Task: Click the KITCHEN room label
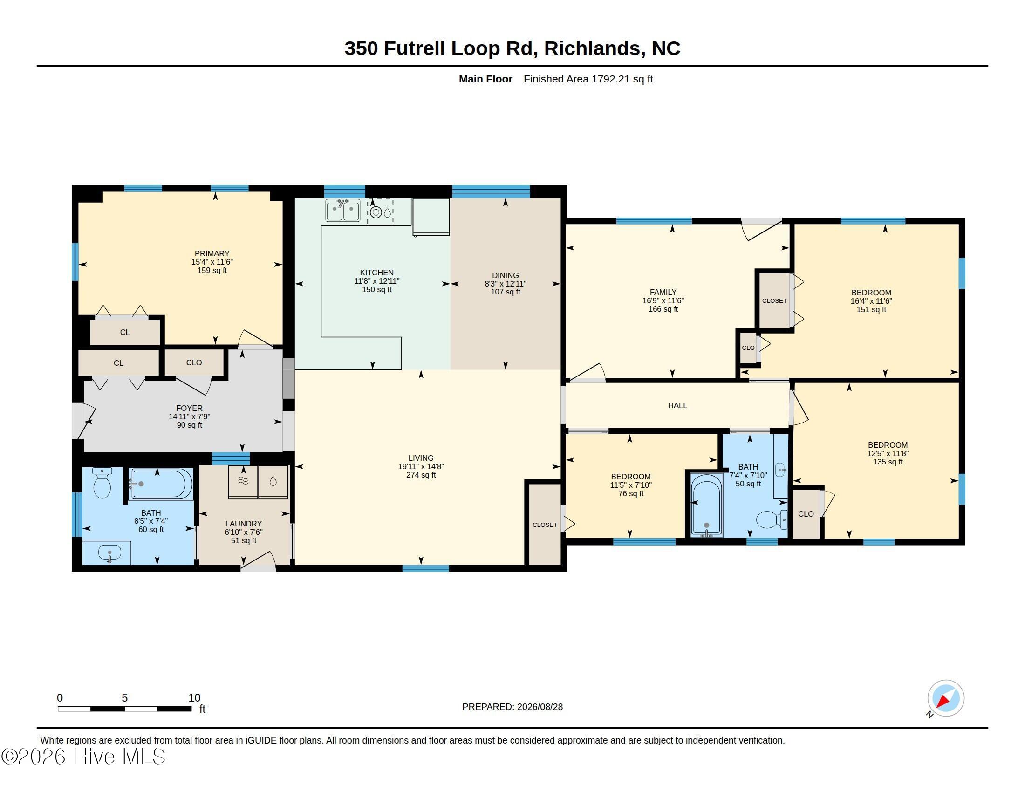(x=376, y=273)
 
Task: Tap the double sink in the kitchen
(x=342, y=210)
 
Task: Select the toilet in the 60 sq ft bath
(x=102, y=483)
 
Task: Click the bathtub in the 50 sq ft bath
(x=706, y=505)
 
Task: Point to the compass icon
(x=945, y=698)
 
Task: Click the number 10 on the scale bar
(x=194, y=698)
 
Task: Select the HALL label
(x=677, y=405)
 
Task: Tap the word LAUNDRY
(x=243, y=524)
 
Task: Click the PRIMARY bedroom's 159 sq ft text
(x=212, y=271)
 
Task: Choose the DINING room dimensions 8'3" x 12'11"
(x=506, y=284)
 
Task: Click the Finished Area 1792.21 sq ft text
(x=588, y=79)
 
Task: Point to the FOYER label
(x=189, y=408)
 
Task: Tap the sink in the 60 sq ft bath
(x=109, y=553)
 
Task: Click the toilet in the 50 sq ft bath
(x=771, y=519)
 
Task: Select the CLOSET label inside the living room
(x=545, y=525)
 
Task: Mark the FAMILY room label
(x=663, y=292)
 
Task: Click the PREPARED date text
(x=512, y=707)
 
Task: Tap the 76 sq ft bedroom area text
(x=631, y=493)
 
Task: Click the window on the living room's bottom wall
(x=426, y=568)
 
